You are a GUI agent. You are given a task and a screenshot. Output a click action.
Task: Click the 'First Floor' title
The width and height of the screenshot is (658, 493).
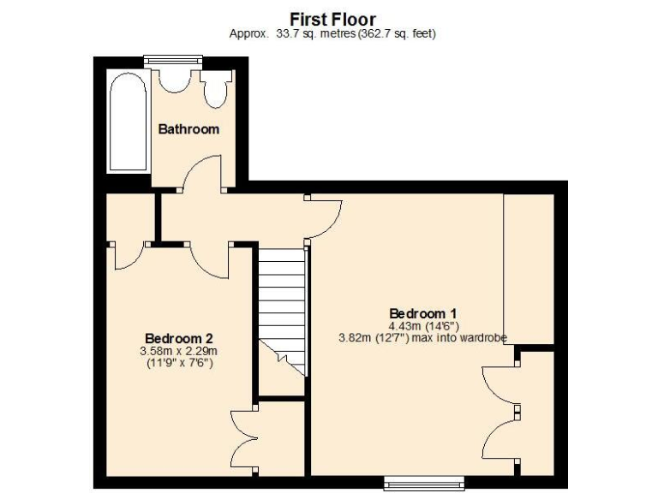pyautogui.click(x=332, y=19)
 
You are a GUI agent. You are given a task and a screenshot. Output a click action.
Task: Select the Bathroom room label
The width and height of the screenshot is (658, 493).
pyautogui.click(x=188, y=129)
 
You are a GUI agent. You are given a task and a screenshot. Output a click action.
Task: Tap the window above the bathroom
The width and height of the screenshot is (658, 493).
pyautogui.click(x=174, y=60)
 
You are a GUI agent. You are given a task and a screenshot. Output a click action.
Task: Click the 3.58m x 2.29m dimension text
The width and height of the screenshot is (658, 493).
pyautogui.click(x=178, y=350)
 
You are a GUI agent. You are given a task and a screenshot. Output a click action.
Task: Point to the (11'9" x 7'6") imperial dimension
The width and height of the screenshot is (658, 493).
pyautogui.click(x=178, y=363)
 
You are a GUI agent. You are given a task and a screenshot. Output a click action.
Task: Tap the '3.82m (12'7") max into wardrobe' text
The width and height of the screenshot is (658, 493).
pyautogui.click(x=423, y=338)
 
